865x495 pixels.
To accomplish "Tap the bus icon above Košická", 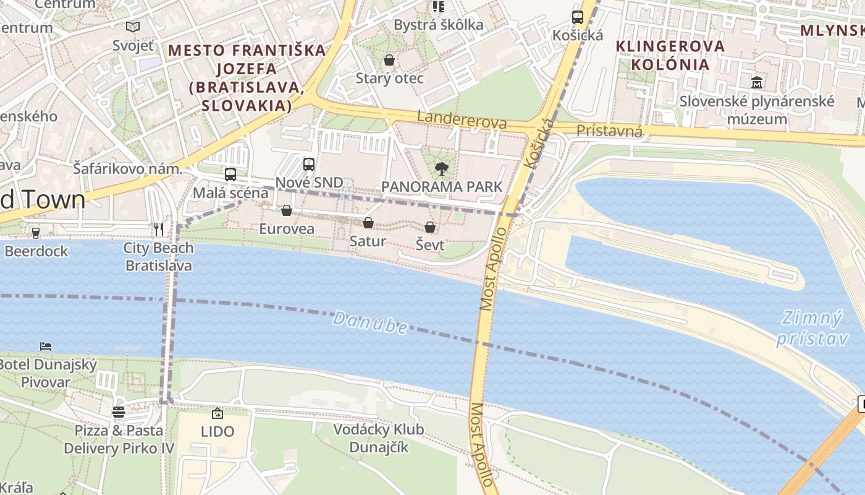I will click(x=578, y=17).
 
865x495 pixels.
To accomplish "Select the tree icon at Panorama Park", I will click(x=441, y=168).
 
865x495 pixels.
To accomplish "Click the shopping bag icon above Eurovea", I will click(x=287, y=211).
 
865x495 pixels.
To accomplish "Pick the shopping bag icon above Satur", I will click(x=368, y=223).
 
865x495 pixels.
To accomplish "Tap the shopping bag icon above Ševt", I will click(x=430, y=227).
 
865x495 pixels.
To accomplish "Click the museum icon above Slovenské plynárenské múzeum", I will click(x=757, y=82).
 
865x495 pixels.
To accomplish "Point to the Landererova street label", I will click(x=462, y=119).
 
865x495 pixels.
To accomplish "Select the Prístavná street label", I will click(x=609, y=131).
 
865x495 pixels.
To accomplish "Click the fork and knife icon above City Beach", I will click(x=159, y=230).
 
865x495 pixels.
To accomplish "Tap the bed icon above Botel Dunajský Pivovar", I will click(x=46, y=346).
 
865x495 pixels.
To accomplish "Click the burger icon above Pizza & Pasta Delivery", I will click(x=119, y=412).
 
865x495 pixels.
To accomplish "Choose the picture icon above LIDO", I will click(x=217, y=413).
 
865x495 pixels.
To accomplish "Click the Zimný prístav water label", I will click(x=810, y=329).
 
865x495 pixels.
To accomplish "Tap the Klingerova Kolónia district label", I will click(x=670, y=55).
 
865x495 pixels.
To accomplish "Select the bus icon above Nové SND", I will click(x=309, y=165).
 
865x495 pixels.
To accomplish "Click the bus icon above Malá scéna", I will click(x=230, y=174).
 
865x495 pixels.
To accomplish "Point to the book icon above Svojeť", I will click(x=133, y=27).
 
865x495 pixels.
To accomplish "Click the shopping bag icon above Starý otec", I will click(x=389, y=60).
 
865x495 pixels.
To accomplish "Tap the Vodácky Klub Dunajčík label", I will click(x=379, y=438).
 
